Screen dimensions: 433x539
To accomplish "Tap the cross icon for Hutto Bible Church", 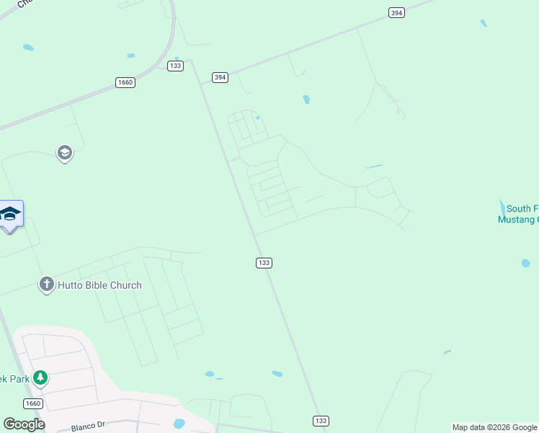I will click(x=47, y=284).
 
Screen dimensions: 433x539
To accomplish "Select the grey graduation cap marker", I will click(x=65, y=152).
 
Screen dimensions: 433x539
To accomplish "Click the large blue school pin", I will click(x=10, y=214).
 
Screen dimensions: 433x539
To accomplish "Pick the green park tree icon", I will click(x=41, y=377).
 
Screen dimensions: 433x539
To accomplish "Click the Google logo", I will click(x=24, y=424).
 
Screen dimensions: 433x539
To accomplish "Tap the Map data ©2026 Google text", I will click(x=494, y=427).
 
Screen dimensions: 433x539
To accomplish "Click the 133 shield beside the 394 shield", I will click(x=175, y=66).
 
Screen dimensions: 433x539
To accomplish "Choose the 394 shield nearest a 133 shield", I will click(x=220, y=77).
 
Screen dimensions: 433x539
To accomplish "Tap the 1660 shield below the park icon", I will click(x=32, y=403).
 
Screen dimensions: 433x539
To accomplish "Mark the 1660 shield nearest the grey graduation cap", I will click(x=125, y=83).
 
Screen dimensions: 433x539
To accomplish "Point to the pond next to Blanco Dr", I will click(x=179, y=423).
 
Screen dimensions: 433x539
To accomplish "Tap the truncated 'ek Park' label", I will click(x=15, y=378).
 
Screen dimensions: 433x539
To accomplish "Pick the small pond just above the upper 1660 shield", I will click(x=130, y=56).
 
